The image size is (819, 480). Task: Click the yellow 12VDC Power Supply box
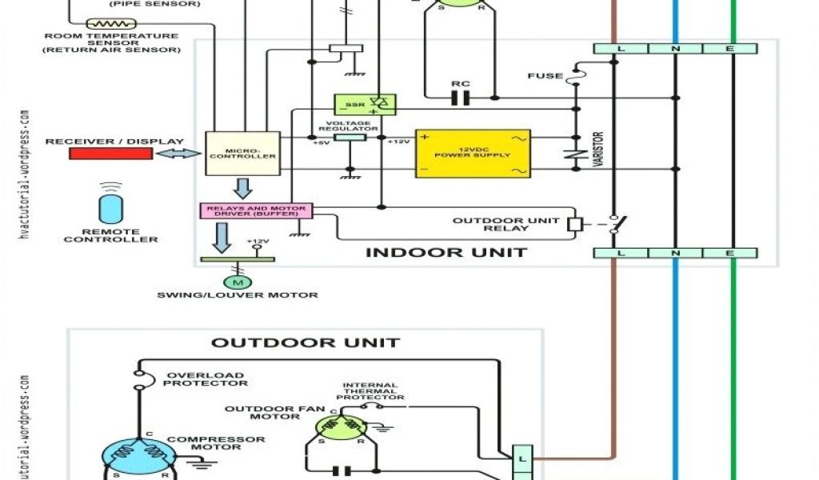point(472,153)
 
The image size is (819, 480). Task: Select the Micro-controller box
point(242,153)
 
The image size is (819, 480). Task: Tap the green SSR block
point(365,104)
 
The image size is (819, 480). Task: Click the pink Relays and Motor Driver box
point(256,210)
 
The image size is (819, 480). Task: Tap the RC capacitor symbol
point(460,98)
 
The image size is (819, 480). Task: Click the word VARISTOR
point(597,150)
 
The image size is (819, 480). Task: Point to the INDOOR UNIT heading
point(445,253)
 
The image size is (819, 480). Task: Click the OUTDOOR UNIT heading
point(305,343)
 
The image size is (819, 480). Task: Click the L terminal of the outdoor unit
point(521,458)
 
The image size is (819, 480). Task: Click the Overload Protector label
point(204,379)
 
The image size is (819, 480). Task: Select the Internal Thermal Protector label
point(370,391)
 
